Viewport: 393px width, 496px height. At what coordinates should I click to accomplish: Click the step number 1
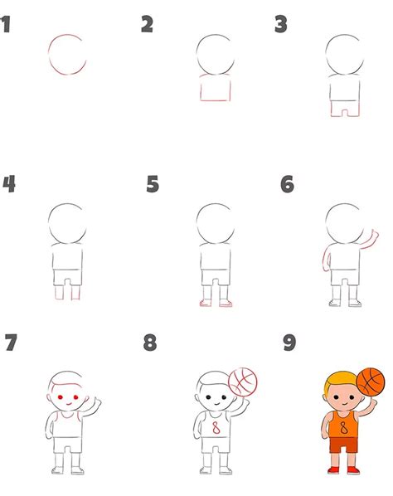(x=5, y=24)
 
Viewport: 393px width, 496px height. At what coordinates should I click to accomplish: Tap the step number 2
(x=147, y=24)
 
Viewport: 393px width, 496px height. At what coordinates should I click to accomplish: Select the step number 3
(x=281, y=24)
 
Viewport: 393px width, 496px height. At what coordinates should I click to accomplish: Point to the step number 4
(x=9, y=184)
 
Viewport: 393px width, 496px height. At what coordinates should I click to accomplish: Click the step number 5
(x=153, y=184)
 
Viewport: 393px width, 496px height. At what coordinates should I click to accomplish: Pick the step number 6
(x=287, y=184)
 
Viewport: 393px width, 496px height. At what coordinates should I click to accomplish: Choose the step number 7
(x=12, y=343)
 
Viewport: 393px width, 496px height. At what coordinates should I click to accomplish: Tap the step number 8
(x=150, y=343)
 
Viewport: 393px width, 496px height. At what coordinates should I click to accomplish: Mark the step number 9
(x=289, y=343)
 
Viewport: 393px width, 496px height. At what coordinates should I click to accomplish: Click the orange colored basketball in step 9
(x=371, y=382)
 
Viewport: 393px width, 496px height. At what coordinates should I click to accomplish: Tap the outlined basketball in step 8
(x=243, y=382)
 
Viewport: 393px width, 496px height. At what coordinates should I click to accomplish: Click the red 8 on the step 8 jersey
(x=216, y=428)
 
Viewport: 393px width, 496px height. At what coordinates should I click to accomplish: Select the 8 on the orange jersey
(x=344, y=428)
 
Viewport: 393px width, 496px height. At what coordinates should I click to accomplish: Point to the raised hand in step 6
(x=375, y=235)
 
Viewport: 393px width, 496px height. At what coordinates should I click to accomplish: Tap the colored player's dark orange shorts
(x=344, y=445)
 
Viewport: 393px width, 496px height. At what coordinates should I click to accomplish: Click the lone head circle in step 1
(x=49, y=55)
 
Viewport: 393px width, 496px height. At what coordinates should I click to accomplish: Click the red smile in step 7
(x=69, y=404)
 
